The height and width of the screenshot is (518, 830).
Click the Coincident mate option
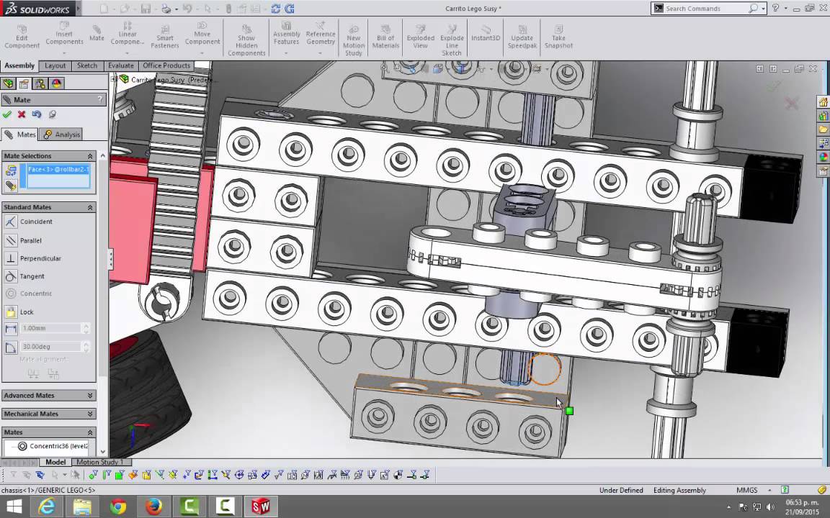pos(35,222)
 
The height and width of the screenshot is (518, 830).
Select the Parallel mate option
pos(30,240)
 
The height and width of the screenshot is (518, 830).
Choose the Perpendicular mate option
pos(40,258)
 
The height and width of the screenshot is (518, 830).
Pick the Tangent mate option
pos(32,276)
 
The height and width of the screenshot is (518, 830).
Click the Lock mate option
pos(27,312)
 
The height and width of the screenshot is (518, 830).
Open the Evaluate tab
pos(120,65)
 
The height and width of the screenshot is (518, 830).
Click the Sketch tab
pos(87,65)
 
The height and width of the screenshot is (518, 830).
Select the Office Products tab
pos(166,65)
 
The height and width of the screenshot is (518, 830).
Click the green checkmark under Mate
pos(7,114)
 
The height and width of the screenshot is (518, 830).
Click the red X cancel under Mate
pos(22,114)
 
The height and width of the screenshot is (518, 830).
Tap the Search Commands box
pos(706,9)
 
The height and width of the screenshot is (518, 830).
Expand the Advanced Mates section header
pos(48,395)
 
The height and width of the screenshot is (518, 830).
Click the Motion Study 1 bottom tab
pos(99,462)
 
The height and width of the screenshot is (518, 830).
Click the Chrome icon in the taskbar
pos(118,506)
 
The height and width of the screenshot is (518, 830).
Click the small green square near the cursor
pos(569,411)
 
